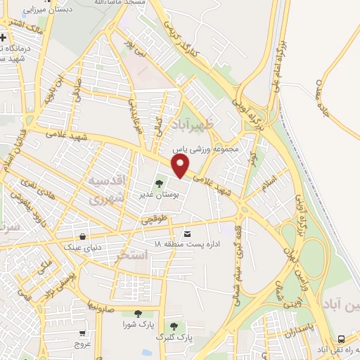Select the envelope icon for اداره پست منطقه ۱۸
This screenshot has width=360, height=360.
coord(187,233)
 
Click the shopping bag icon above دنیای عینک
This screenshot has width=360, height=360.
coord(84,236)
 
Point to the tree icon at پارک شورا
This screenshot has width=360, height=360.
coord(137,314)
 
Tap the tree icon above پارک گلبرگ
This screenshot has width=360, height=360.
coord(174,326)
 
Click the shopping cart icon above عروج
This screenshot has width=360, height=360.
coord(84,333)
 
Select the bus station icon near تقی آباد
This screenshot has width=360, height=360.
coord(341,338)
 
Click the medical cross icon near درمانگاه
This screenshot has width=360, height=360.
coord(4,37)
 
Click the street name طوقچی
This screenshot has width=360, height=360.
coord(155,220)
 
